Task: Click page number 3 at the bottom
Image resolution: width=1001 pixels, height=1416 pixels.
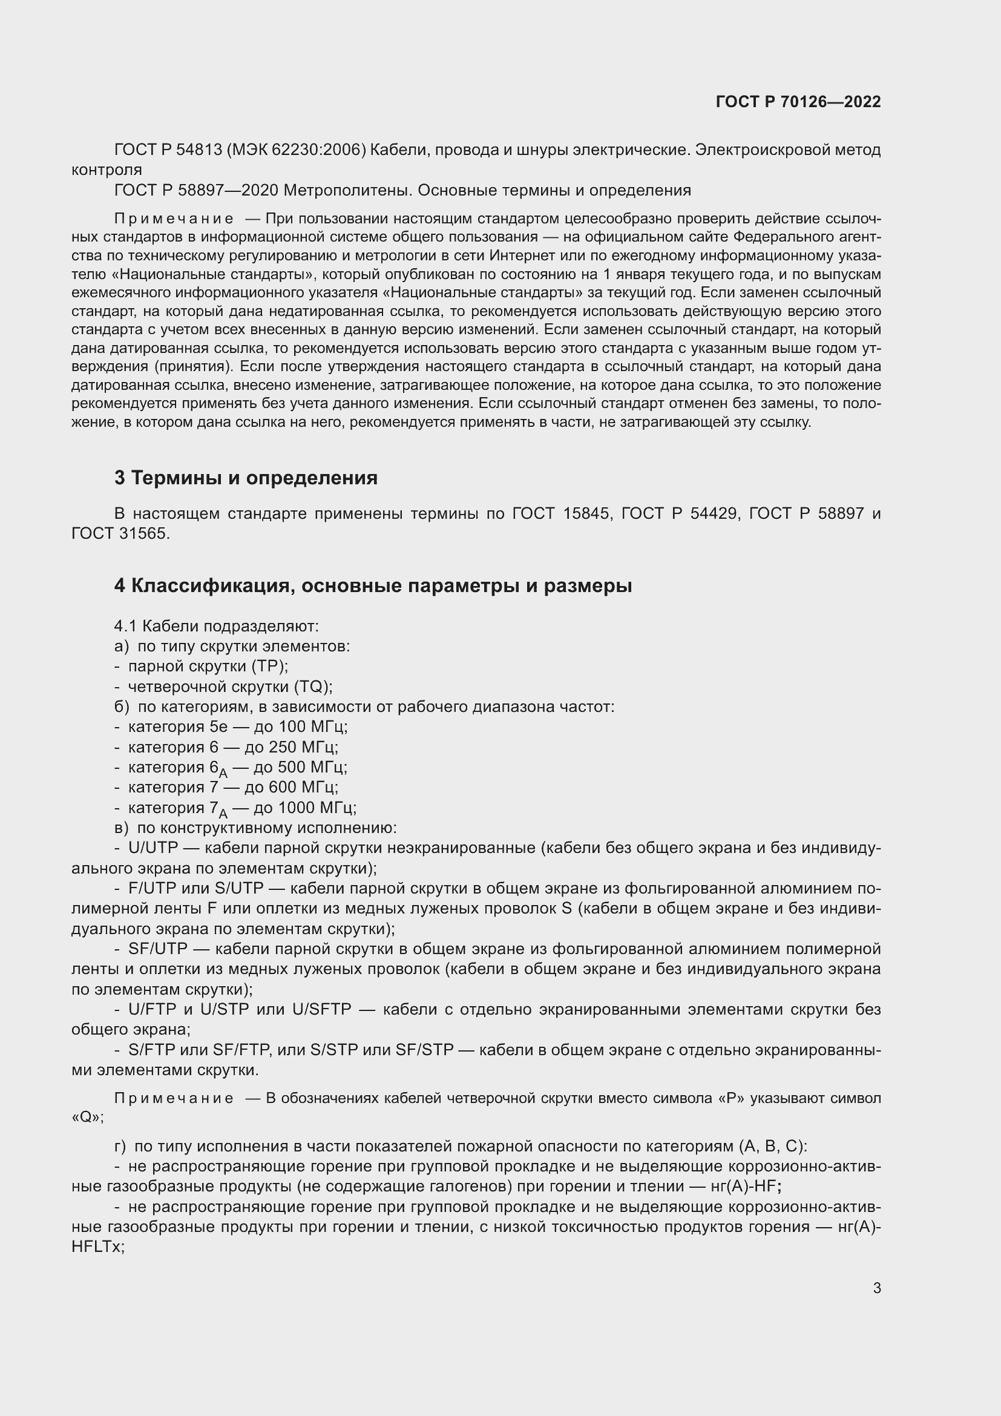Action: point(876,1288)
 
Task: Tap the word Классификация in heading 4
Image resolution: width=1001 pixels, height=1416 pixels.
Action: point(204,585)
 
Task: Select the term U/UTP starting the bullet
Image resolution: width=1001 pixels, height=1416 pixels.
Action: point(153,848)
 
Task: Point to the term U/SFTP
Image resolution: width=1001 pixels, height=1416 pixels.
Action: point(322,1010)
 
